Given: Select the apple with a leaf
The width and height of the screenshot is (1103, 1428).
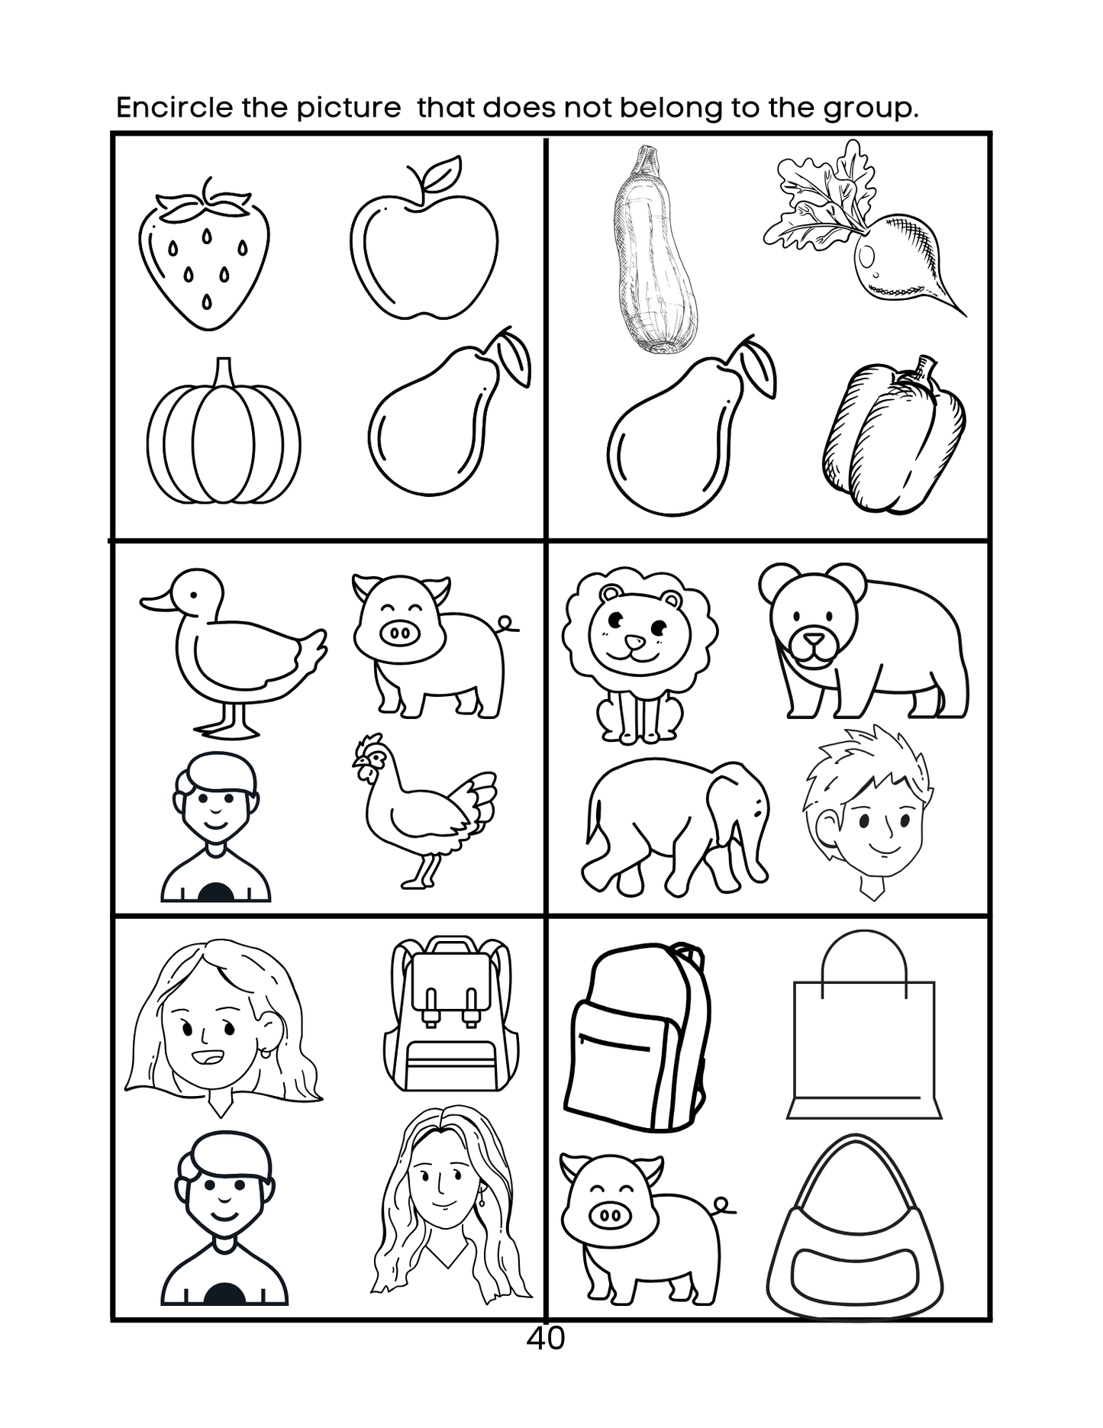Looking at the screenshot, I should point(424,244).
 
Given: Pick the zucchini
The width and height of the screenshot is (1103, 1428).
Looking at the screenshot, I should point(654,252).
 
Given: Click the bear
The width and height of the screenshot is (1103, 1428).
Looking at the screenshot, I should point(863,641).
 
